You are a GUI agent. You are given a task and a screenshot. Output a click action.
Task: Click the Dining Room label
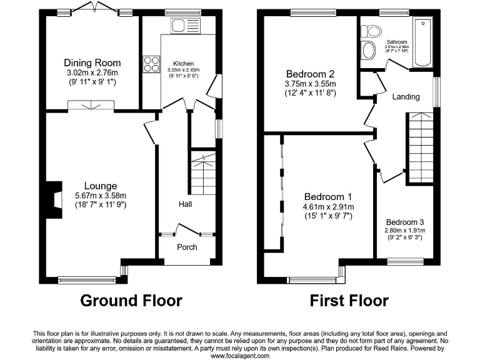pos(92,63)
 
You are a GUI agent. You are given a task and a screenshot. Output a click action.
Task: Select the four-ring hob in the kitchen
pos(152,64)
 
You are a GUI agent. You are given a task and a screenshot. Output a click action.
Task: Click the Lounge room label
pos(101,186)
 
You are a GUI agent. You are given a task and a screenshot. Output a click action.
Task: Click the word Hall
pos(186,204)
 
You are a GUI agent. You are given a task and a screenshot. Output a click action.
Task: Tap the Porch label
pos(187,247)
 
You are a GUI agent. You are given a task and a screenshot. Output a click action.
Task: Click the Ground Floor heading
pos(131,301)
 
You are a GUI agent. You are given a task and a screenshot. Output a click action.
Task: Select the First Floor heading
pos(349,301)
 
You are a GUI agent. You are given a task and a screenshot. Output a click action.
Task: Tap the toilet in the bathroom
pos(373,31)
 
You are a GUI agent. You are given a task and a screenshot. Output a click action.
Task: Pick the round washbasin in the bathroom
pos(368,51)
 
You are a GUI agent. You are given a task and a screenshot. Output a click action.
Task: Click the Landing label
pos(406,97)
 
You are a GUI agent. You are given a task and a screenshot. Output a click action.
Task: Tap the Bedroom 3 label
pos(404,222)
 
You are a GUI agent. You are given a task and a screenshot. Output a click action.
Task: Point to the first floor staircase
pos(420,147)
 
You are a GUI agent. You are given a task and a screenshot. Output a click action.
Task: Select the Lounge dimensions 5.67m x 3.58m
pos(101,195)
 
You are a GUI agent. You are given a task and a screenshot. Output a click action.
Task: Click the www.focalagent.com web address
pos(240,356)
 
